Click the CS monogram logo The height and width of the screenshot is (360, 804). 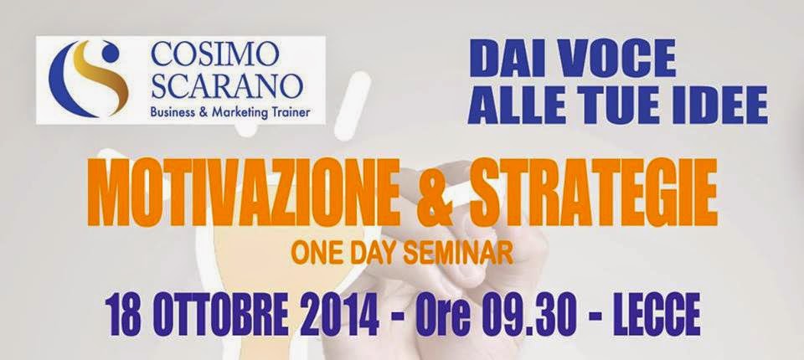(x=88, y=79)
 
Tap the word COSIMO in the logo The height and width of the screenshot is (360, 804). (x=215, y=56)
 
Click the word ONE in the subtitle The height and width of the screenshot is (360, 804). (x=314, y=254)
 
